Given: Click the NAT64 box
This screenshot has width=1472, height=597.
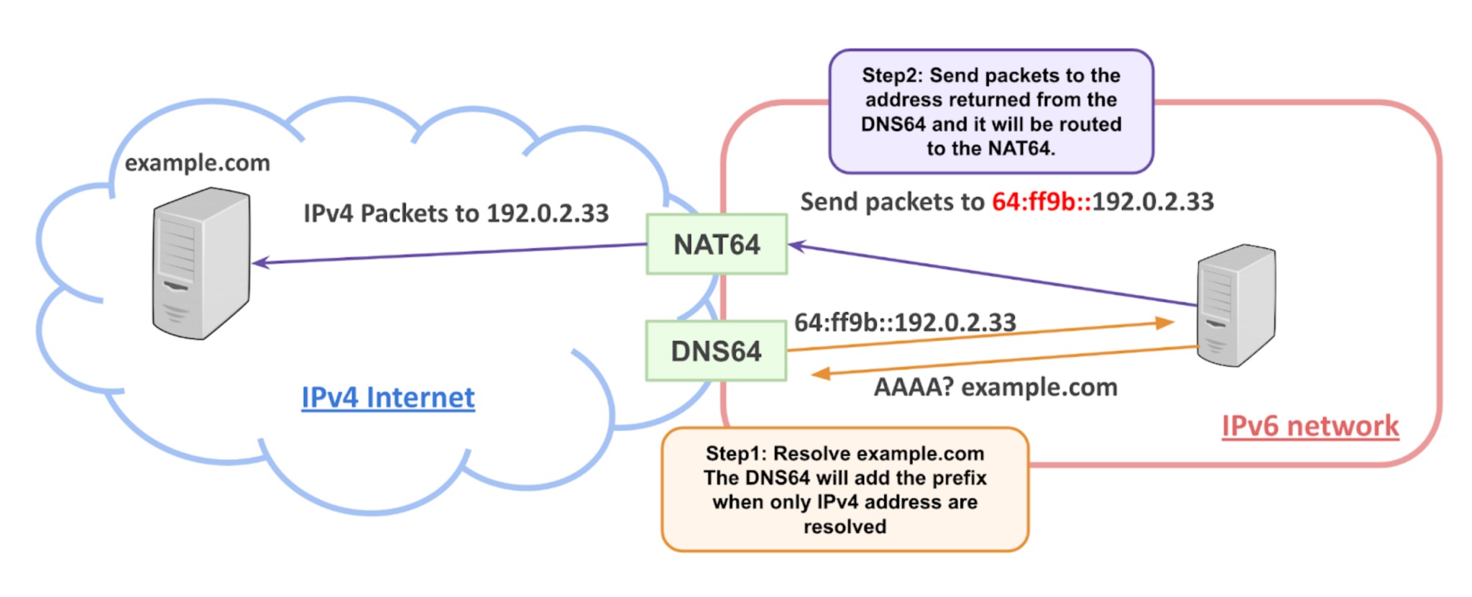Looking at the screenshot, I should [x=717, y=245].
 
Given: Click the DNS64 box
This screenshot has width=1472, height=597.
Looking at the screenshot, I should [x=716, y=351].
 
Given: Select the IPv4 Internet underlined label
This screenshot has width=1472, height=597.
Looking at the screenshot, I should [x=387, y=397].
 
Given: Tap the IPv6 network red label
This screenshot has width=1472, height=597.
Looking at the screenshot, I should [x=1310, y=426].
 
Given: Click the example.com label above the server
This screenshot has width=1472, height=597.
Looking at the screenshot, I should [x=198, y=163].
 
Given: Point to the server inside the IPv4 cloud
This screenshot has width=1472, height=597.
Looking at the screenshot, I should [x=201, y=263].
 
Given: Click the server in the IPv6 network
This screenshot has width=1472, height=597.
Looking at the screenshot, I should [x=1236, y=305].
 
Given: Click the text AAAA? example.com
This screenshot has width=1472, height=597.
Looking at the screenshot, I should [x=995, y=387].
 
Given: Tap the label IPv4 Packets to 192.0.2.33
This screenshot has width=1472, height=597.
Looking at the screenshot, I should [x=456, y=214].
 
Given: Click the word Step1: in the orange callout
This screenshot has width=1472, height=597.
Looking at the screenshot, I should [x=736, y=454].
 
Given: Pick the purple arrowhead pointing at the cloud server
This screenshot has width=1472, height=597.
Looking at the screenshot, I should [x=261, y=263].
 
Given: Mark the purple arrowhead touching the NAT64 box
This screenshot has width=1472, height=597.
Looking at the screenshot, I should [x=797, y=246].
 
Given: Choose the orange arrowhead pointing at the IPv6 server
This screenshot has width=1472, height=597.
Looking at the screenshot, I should [x=1164, y=323].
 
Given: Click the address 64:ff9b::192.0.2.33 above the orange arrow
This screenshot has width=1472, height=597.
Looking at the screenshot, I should [x=905, y=322].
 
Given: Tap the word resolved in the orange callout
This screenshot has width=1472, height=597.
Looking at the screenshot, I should [x=845, y=527].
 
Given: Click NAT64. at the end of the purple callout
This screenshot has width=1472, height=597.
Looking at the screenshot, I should [x=1021, y=149].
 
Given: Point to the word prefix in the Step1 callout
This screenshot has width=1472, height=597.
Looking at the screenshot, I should [x=957, y=478].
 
